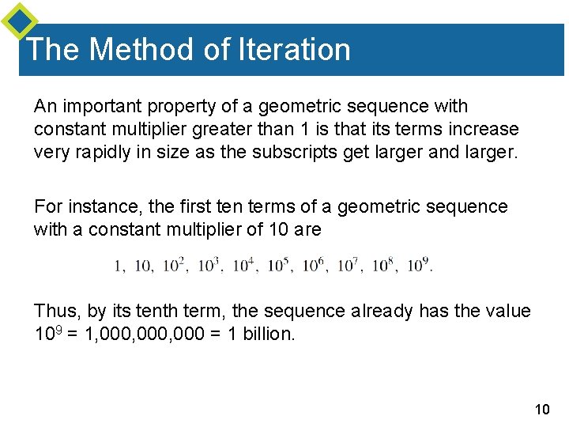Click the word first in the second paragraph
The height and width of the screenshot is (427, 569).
pyautogui.click(x=197, y=207)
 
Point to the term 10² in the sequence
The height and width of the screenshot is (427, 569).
pyautogui.click(x=175, y=265)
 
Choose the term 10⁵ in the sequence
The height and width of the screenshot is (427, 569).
pyautogui.click(x=279, y=265)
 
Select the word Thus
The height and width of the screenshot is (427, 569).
pyautogui.click(x=55, y=311)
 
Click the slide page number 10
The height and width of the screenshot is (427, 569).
pyautogui.click(x=542, y=409)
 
